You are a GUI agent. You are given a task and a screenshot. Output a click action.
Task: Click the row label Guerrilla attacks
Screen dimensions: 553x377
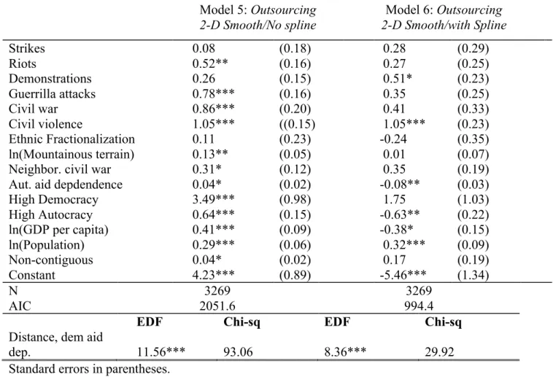(52, 94)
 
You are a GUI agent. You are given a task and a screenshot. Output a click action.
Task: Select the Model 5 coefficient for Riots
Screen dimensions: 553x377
(210, 63)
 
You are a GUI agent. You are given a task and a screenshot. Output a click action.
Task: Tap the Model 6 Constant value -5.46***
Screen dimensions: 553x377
(403, 275)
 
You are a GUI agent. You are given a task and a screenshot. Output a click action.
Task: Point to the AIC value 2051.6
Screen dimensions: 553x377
(217, 306)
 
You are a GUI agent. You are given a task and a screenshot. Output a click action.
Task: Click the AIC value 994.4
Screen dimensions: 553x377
(419, 306)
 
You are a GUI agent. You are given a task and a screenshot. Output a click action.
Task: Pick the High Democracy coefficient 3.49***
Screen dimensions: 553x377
(213, 199)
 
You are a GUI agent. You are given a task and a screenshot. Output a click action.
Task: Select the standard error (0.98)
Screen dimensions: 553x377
(295, 200)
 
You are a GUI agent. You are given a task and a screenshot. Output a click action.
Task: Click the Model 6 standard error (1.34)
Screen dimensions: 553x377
(473, 275)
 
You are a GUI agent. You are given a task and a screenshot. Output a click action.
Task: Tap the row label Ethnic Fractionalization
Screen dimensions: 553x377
(71, 139)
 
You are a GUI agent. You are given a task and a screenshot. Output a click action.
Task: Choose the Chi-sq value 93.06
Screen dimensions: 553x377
(238, 352)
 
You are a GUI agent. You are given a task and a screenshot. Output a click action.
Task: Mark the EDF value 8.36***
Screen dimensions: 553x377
(345, 351)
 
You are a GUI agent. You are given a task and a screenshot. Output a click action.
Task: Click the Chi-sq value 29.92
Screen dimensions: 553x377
(439, 352)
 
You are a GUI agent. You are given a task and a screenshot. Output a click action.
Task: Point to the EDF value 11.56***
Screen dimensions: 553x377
(161, 351)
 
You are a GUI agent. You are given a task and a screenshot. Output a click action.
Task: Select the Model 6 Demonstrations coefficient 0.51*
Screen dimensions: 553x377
(398, 79)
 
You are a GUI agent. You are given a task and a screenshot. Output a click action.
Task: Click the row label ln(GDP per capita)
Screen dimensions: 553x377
(58, 230)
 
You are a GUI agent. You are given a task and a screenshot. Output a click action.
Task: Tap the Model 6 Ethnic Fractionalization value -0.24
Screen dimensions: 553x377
(393, 139)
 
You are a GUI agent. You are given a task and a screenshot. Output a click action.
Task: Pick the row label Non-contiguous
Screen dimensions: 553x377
(51, 260)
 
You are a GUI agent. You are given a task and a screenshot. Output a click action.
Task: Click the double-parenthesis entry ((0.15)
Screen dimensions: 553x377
(297, 124)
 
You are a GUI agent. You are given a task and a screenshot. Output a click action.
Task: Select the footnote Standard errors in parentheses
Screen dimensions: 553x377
(89, 369)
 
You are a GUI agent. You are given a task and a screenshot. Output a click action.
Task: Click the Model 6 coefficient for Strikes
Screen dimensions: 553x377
(394, 48)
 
